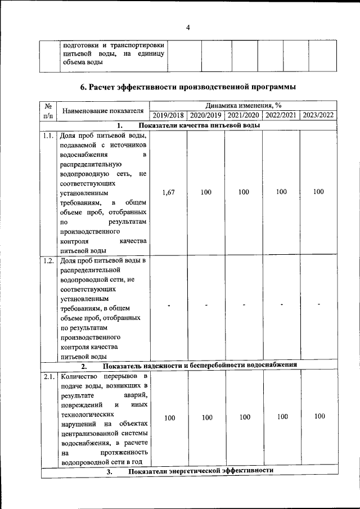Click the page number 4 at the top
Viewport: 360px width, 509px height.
pyautogui.click(x=188, y=28)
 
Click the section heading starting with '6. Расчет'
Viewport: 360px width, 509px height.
pyautogui.click(x=188, y=87)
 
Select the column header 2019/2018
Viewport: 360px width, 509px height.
pyautogui.click(x=168, y=115)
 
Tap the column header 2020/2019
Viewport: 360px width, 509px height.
pyautogui.click(x=206, y=115)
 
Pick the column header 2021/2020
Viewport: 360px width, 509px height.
pyautogui.click(x=244, y=115)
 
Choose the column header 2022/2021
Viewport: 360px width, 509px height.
pyautogui.click(x=281, y=115)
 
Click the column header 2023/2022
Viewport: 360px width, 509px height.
pyautogui.click(x=318, y=115)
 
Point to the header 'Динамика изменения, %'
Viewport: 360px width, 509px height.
pyautogui.click(x=243, y=105)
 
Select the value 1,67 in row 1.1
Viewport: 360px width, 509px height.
pyautogui.click(x=168, y=192)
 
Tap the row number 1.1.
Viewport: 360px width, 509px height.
pyautogui.click(x=48, y=136)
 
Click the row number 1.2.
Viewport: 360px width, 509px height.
pyautogui.click(x=48, y=260)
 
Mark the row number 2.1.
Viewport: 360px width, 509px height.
pyautogui.click(x=48, y=376)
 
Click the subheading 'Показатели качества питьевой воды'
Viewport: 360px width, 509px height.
pyautogui.click(x=200, y=125)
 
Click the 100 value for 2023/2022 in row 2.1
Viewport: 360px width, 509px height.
pyautogui.click(x=319, y=417)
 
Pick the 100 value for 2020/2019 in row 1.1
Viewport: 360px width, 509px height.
pyautogui.click(x=206, y=192)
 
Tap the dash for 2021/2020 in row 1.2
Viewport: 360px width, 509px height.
pyautogui.click(x=244, y=305)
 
